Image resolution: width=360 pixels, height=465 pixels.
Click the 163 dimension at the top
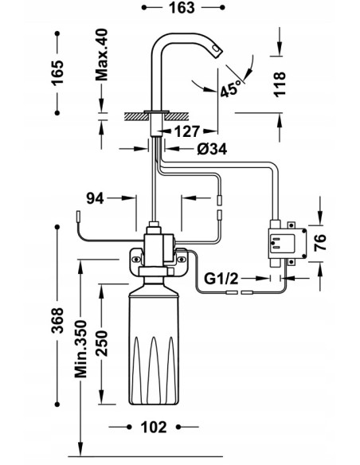pos(182,8)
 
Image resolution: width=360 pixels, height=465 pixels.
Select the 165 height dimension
pos(57,73)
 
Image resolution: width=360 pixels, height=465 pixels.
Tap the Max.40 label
pos(101,55)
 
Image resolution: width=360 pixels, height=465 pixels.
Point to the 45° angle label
pos(232,88)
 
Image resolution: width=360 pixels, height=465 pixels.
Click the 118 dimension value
pos(280,84)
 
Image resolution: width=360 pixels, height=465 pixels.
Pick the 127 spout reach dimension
pos(187,131)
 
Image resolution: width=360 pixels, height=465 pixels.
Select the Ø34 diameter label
pos(212,149)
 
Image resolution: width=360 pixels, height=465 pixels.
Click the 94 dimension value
pos(95,198)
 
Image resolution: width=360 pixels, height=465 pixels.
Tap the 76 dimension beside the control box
pos(320,243)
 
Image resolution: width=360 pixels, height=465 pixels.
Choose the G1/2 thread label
pos(221,279)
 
